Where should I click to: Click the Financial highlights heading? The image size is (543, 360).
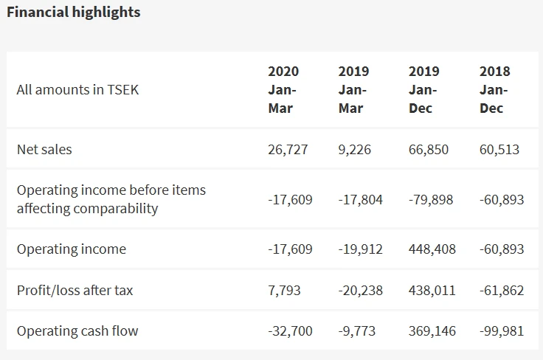tap(73, 13)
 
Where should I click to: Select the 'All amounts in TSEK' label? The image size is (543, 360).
tap(77, 90)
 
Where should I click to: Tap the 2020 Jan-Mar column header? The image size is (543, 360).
tap(283, 90)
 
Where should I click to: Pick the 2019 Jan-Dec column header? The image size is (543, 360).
tap(423, 90)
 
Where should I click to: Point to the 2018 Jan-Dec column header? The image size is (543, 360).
tap(494, 90)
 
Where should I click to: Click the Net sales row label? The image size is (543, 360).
tap(44, 149)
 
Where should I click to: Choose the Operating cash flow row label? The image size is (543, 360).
tap(77, 330)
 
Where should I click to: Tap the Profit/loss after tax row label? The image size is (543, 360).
tap(75, 290)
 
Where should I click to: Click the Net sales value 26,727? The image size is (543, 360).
tap(288, 149)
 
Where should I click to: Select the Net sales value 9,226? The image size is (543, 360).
tap(355, 149)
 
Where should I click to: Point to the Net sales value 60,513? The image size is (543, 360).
tap(499, 149)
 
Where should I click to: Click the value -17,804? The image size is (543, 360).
tap(361, 199)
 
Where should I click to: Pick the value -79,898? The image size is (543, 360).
tap(431, 199)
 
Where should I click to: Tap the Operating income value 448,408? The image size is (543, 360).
tap(432, 249)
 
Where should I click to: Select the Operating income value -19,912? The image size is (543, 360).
tap(361, 249)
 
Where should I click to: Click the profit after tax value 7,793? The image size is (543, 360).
tap(284, 290)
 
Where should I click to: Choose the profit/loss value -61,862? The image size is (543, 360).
tap(502, 290)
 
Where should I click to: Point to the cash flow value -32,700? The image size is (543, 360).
tap(290, 330)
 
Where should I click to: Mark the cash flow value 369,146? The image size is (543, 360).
tap(432, 330)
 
